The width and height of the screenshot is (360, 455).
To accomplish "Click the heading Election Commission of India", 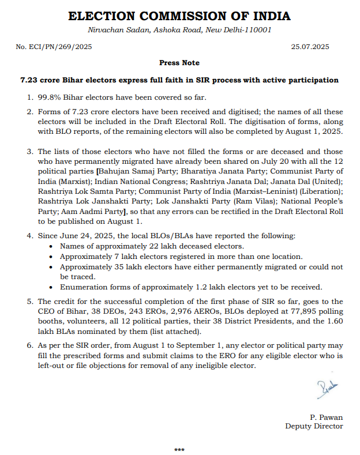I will coord(179,16).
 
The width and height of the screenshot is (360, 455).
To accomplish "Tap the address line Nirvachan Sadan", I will coord(179,30).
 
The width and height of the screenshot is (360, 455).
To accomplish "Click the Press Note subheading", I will coord(179,62).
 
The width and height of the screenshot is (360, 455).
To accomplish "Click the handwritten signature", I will coord(327,390).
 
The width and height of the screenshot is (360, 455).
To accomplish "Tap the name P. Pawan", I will coord(327,416).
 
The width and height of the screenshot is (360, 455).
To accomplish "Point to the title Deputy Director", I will coord(314,426).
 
